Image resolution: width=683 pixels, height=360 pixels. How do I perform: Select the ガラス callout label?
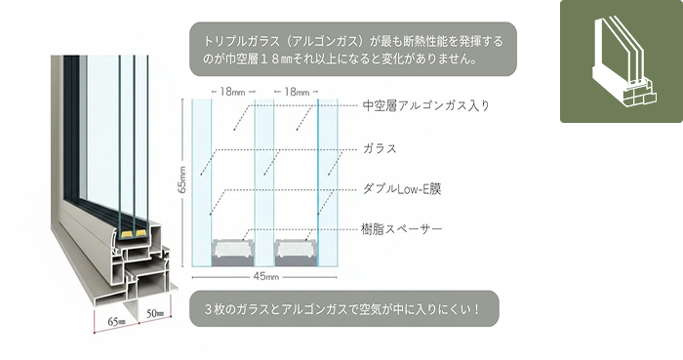(379, 148)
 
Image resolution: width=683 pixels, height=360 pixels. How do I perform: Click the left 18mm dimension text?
(233, 91)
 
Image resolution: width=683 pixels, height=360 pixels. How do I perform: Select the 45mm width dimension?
(265, 276)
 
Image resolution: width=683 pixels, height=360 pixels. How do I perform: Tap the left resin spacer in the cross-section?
(235, 249)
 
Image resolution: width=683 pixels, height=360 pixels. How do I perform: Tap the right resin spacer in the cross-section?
(297, 249)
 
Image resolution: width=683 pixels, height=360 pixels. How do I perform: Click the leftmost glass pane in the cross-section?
(202, 180)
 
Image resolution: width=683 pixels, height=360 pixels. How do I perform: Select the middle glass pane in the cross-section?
(265, 180)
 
